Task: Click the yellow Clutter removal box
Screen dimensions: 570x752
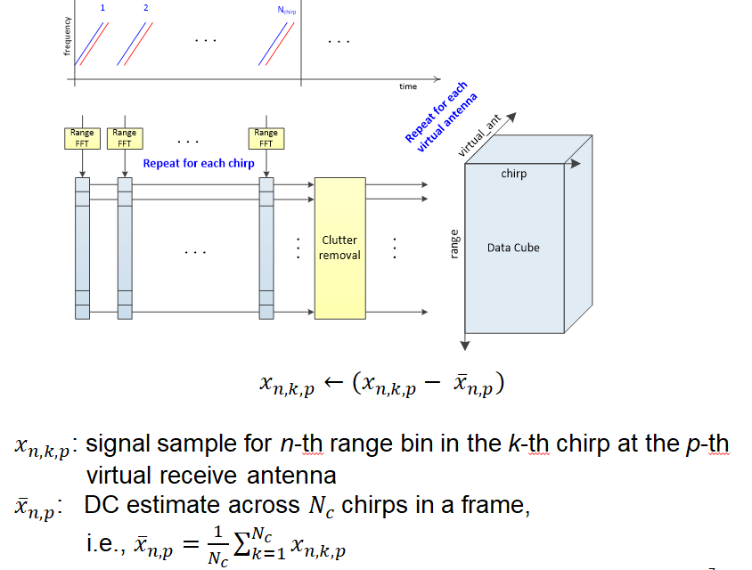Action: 339,247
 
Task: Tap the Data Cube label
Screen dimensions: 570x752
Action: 513,248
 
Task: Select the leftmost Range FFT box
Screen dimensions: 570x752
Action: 81,137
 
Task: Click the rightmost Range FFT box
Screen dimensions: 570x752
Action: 266,137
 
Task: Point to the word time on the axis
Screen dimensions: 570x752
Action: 408,86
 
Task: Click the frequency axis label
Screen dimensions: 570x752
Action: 68,37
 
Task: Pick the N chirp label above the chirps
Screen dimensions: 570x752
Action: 287,11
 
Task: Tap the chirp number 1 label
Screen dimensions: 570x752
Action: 102,8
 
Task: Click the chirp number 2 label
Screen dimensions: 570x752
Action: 145,8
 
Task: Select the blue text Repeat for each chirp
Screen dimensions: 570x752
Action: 199,164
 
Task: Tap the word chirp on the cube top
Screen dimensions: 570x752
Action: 514,174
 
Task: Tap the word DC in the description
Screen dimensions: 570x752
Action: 103,505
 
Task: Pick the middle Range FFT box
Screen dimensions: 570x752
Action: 124,137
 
